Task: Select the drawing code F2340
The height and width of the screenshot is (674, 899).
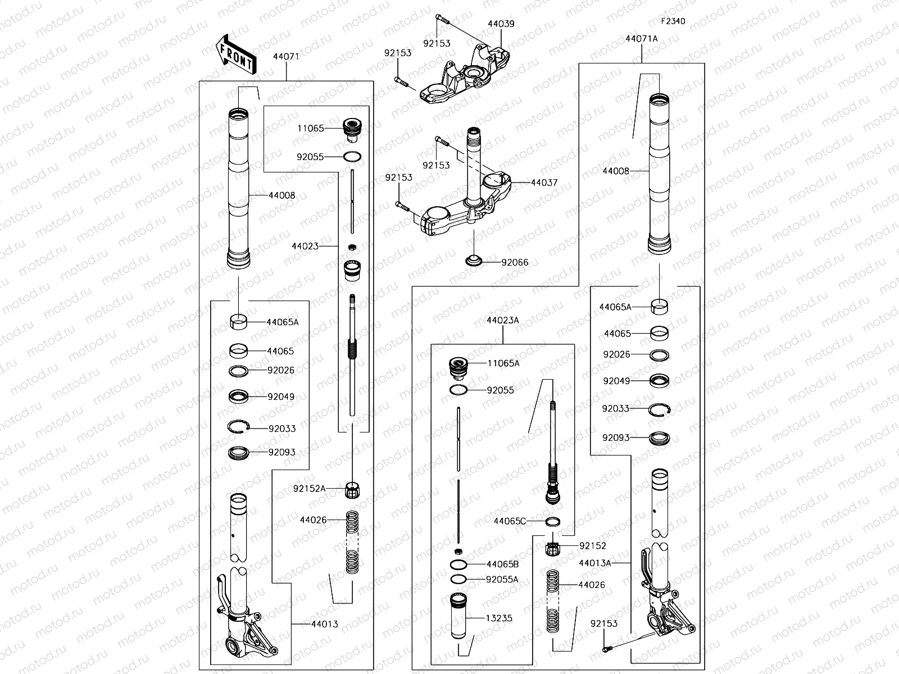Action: [x=673, y=21]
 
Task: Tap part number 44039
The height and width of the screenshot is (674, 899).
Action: [x=501, y=24]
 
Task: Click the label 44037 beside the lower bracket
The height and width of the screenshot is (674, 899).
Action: [x=544, y=183]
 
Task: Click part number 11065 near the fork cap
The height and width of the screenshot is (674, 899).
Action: [x=311, y=128]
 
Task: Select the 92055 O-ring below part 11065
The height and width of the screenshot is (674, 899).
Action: [x=351, y=157]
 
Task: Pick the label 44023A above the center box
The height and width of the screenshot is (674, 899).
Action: [x=503, y=320]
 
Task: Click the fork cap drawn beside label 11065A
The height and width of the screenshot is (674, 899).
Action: [x=460, y=368]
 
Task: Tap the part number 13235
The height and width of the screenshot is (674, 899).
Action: [x=499, y=618]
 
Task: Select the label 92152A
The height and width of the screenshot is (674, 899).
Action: [x=309, y=489]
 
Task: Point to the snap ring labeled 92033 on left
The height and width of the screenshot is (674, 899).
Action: [x=238, y=427]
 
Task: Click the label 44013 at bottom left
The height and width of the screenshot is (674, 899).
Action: [x=325, y=623]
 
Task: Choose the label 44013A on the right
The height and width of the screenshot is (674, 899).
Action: [x=594, y=562]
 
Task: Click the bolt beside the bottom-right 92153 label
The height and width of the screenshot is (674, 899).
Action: [x=606, y=648]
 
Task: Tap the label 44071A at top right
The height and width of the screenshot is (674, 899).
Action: [x=641, y=39]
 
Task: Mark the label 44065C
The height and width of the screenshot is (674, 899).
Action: [x=510, y=521]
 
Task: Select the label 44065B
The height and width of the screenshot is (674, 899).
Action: [x=502, y=564]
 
